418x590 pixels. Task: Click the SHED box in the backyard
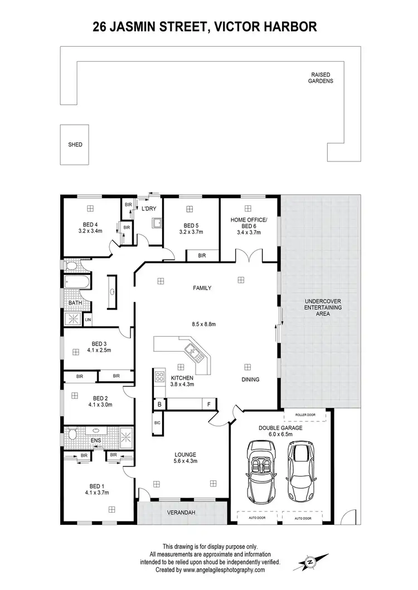coord(75,145)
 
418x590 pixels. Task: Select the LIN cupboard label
coord(88,320)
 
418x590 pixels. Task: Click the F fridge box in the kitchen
coord(209,404)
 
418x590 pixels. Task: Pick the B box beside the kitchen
coord(159,404)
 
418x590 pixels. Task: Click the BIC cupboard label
coord(157,424)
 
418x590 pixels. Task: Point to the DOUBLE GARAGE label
coord(280,428)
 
